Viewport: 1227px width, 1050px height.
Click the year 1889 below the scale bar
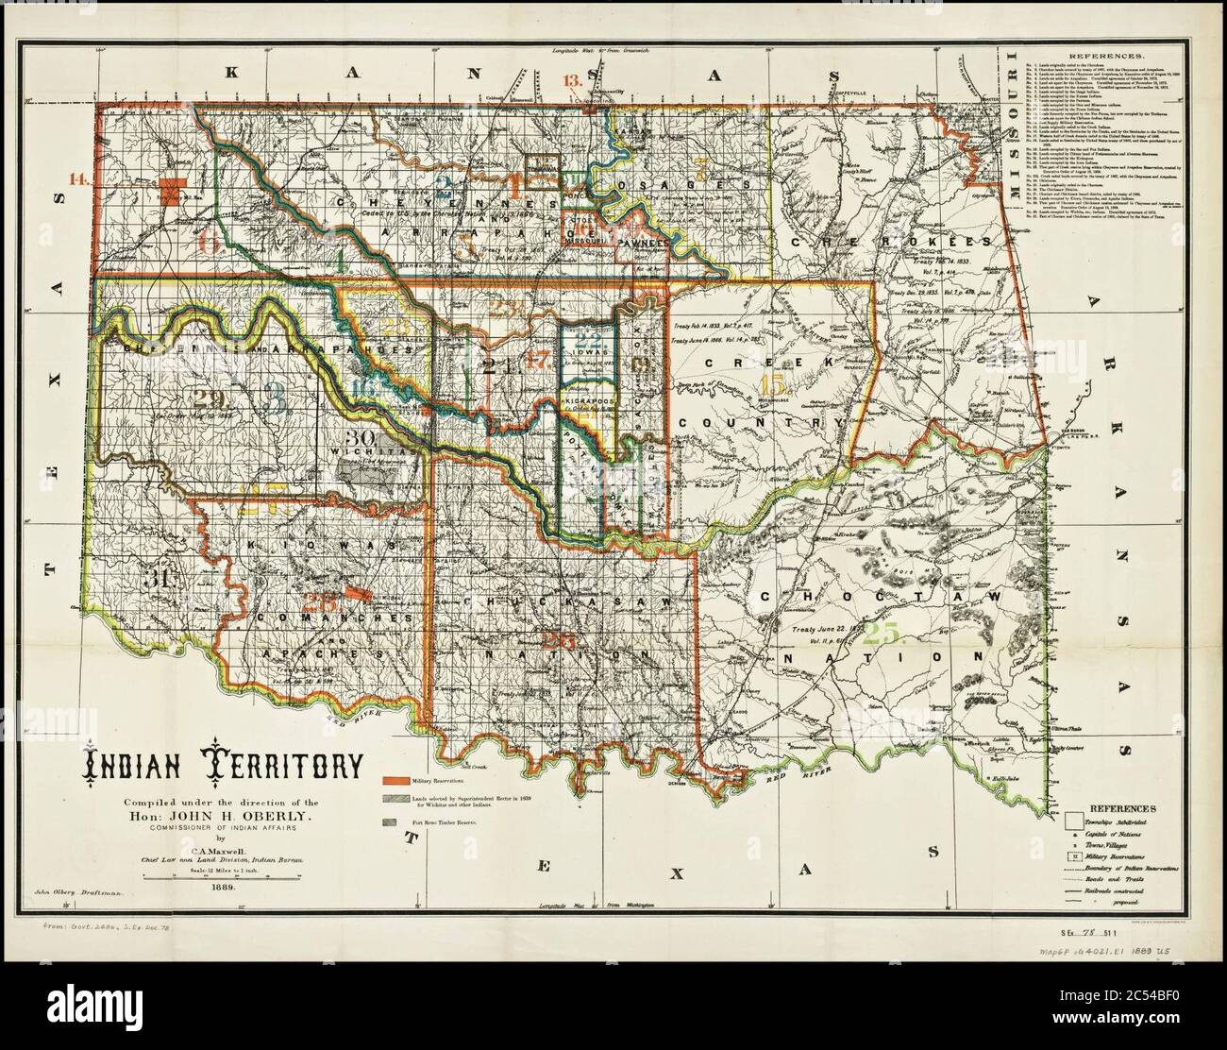click(224, 888)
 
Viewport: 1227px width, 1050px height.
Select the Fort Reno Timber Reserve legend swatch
click(390, 822)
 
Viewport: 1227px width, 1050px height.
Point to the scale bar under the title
click(224, 877)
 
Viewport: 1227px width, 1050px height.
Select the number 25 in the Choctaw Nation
click(887, 633)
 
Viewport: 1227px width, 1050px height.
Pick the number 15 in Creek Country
click(772, 384)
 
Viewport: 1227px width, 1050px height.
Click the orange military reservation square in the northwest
click(172, 190)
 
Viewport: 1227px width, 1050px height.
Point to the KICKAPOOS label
click(589, 400)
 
